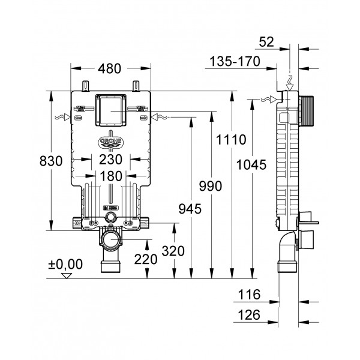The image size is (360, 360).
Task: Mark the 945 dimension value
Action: (190, 208)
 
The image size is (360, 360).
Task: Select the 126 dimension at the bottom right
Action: (248, 314)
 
